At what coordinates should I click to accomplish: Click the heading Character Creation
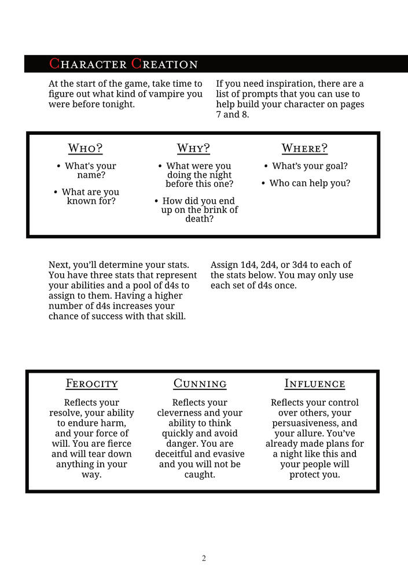point(123,64)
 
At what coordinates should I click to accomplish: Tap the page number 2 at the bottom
point(204,558)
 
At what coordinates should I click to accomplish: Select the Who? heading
point(85,148)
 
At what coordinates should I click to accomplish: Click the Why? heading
point(193,148)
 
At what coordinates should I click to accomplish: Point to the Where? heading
point(304,148)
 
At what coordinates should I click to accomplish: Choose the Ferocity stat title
point(92,384)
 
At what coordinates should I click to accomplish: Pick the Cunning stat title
point(200,384)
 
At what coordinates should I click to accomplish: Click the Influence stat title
point(315,384)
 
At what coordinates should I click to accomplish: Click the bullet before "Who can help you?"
point(263,184)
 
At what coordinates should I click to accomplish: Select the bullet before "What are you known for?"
point(56,192)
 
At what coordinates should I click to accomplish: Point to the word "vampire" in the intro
point(168,94)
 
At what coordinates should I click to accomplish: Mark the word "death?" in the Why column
point(200,219)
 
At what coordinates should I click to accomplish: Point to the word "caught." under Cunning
point(200,475)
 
